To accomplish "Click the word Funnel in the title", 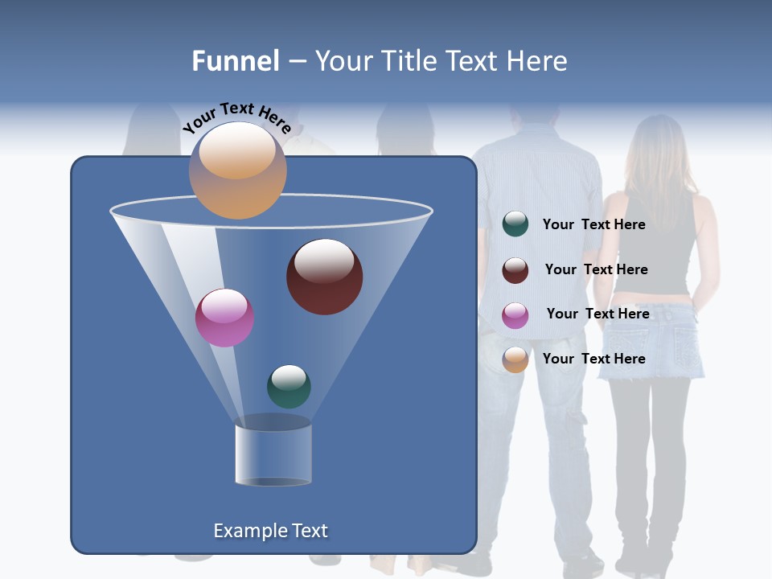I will click(236, 61).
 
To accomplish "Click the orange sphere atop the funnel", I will click(237, 170).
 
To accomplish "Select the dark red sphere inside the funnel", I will click(324, 277).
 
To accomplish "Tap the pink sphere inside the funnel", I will click(224, 318).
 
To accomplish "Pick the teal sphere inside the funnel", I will click(289, 386).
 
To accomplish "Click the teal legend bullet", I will click(515, 224).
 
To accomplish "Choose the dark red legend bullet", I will click(515, 270).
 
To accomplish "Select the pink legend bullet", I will click(515, 315).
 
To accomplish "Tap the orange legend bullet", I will click(515, 359).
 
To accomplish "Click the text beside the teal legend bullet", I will click(593, 224).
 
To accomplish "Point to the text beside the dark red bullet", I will click(596, 269).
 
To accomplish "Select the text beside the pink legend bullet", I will click(597, 314).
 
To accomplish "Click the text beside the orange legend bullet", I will click(593, 359).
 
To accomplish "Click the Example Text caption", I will click(270, 531).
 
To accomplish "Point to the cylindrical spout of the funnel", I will click(273, 454).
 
